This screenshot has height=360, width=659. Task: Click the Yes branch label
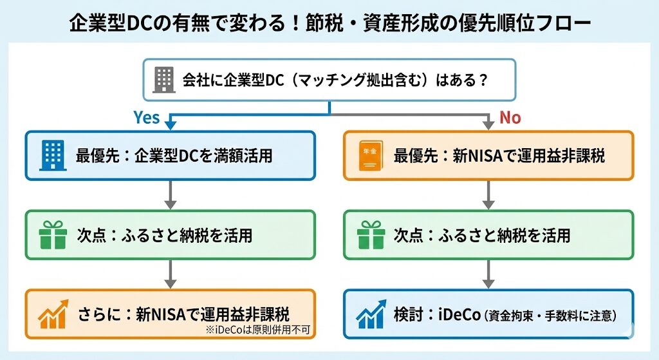146,118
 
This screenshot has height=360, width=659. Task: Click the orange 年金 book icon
369,155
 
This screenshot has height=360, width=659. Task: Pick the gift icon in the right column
369,235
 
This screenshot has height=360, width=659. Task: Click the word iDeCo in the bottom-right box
458,315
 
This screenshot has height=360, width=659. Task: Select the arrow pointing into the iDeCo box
487,274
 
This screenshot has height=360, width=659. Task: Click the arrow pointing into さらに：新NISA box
170,274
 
